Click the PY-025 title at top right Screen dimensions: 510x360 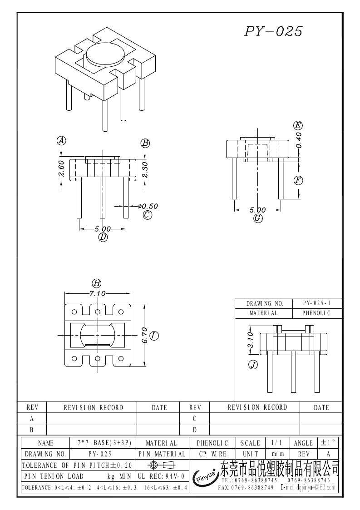(273, 31)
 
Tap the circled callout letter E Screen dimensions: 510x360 (298, 125)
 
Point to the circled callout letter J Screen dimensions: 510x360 (253, 365)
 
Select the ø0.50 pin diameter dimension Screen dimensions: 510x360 (148, 206)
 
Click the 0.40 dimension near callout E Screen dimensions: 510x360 (299, 140)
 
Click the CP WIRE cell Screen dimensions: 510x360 (212, 454)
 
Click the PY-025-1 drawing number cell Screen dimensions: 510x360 (317, 303)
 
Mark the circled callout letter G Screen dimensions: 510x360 (257, 218)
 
